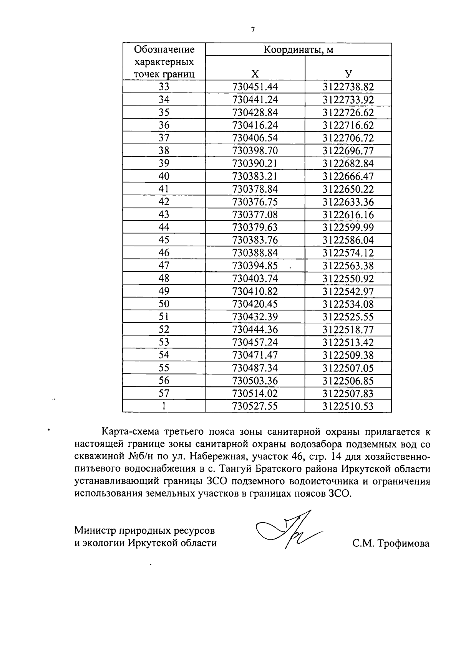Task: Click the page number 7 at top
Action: [253, 30]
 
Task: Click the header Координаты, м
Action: [298, 49]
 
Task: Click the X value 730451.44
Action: [255, 87]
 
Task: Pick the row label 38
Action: [164, 150]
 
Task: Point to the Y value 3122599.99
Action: [348, 228]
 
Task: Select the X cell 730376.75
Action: [255, 202]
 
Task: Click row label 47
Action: [164, 266]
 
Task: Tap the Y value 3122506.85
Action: [348, 381]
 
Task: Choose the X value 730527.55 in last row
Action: [255, 406]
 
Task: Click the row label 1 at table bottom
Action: [164, 406]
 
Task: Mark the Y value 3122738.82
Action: [348, 87]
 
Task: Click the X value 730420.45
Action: [255, 304]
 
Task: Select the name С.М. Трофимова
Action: [391, 543]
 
